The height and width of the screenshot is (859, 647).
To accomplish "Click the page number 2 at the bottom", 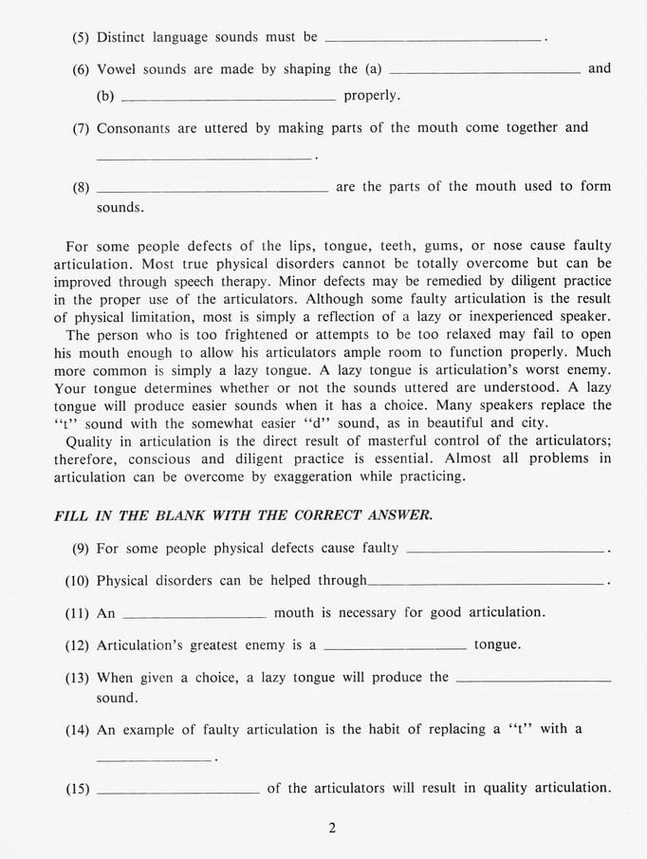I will click(x=332, y=828).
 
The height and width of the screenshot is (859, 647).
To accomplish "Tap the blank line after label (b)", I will click(x=229, y=99).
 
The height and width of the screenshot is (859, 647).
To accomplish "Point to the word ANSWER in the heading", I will click(x=402, y=515).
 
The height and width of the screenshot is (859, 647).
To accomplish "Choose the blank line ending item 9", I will click(x=505, y=551).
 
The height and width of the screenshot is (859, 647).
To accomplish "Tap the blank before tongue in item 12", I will click(x=395, y=648).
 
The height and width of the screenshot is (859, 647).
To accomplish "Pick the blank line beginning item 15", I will click(x=177, y=792).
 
